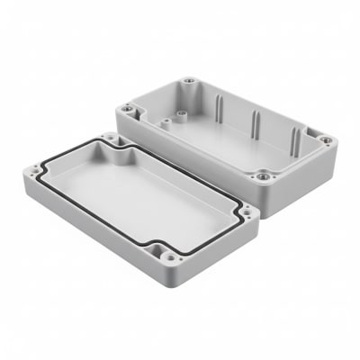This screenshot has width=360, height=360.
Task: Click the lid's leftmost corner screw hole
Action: pyautogui.click(x=34, y=168)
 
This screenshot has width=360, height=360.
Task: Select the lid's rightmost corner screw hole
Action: pyautogui.click(x=245, y=212)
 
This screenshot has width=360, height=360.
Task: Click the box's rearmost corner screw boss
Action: pyautogui.click(x=189, y=83)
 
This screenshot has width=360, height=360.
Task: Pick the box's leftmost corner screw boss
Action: pyautogui.click(x=128, y=109)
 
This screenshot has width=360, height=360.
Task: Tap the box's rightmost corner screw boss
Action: pyautogui.click(x=326, y=140)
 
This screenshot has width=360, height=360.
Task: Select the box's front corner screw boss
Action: pyautogui.click(x=262, y=177)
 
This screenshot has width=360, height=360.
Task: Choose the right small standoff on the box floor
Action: pyautogui.click(x=181, y=115)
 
